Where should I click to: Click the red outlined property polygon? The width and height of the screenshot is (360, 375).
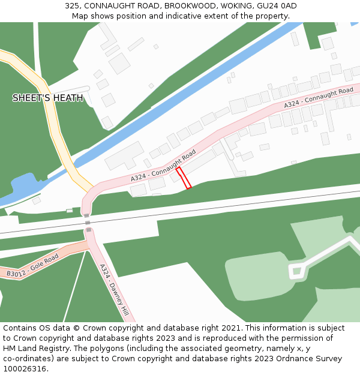coord(184,178)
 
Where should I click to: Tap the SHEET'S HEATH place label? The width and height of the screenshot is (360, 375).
coord(48,98)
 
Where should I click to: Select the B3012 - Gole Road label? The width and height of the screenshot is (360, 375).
coord(33,266)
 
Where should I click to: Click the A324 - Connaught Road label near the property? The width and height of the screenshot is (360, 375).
coord(163,167)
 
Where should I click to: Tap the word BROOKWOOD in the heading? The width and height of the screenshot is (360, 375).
coord(187,6)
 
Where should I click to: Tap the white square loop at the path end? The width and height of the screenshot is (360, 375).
coord(296,272)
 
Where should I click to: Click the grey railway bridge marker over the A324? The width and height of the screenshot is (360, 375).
coord(88,222)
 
